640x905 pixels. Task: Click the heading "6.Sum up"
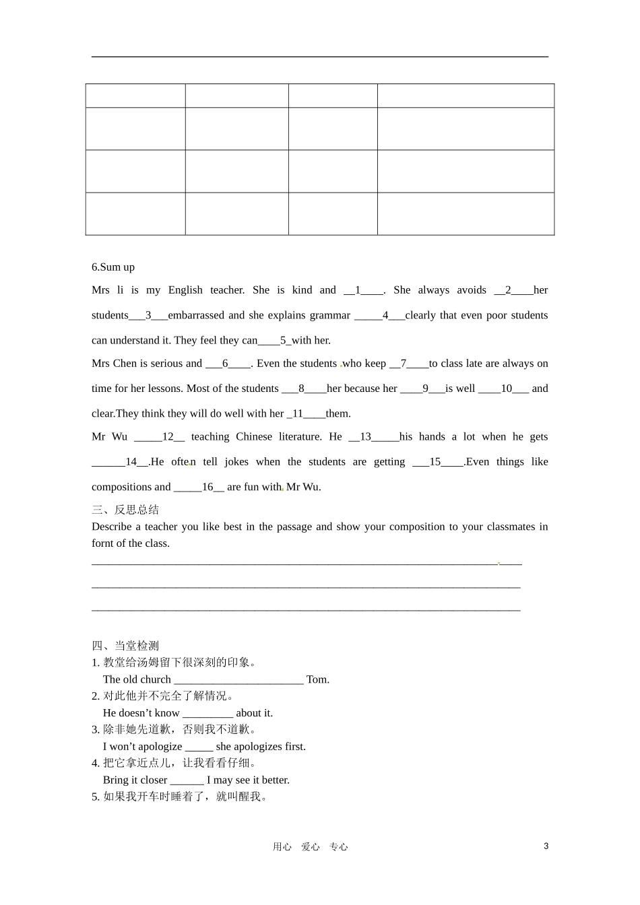click(x=113, y=267)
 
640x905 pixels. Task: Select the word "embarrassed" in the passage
click(x=196, y=315)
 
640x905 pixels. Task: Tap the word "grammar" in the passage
click(x=329, y=315)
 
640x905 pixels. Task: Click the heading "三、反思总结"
click(x=125, y=510)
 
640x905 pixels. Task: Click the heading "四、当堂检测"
click(x=125, y=646)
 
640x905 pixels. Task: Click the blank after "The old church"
click(x=238, y=680)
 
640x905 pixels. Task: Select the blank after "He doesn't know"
click(x=207, y=714)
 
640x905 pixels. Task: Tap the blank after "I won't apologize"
click(x=199, y=747)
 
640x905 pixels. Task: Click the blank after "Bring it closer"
click(x=187, y=780)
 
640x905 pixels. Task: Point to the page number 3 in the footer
click(x=546, y=846)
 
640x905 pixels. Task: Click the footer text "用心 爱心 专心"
click(x=310, y=847)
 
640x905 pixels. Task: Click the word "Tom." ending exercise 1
click(x=318, y=679)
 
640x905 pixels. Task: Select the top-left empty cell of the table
click(x=135, y=96)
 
